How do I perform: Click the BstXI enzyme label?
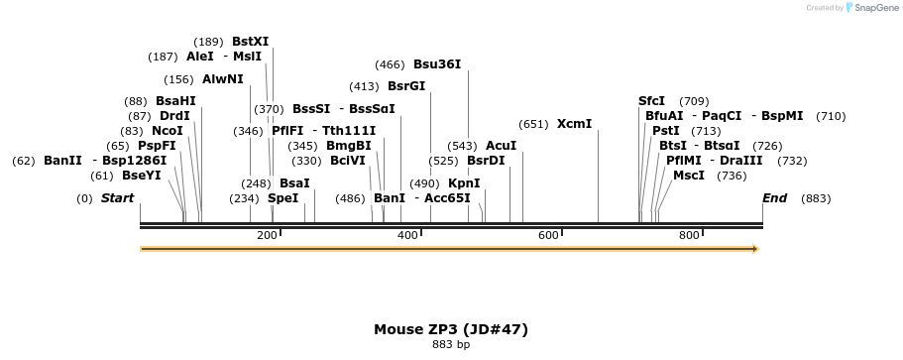250,42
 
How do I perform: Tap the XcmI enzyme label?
574,124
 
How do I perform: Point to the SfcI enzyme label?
651,101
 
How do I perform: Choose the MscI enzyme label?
689,176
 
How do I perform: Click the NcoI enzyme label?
168,131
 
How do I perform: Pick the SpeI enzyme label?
282,198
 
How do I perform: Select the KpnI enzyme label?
464,183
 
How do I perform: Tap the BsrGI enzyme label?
406,86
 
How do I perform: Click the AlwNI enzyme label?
222,79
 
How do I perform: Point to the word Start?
117,198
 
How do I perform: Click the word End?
774,198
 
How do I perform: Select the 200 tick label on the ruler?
267,235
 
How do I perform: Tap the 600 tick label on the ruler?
548,235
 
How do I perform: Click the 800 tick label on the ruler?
689,235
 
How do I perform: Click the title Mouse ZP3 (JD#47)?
450,329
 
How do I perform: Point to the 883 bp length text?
450,345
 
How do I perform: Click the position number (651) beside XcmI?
533,124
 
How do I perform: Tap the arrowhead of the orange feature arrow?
755,249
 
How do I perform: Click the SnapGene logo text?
873,8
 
